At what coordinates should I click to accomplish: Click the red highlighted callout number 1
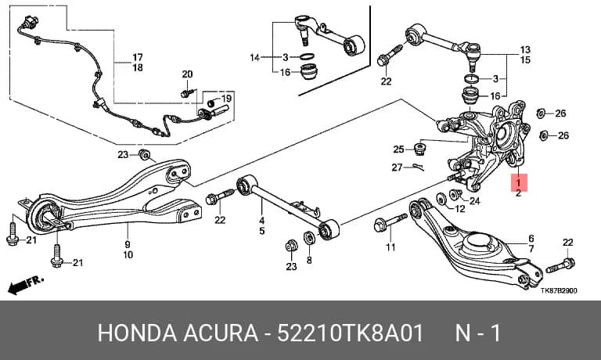tap(519, 182)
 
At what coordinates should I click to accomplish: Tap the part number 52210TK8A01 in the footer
tap(350, 333)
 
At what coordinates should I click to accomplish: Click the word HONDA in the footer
tap(137, 333)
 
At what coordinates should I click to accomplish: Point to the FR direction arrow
tap(25, 285)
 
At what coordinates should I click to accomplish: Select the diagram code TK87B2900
tap(559, 290)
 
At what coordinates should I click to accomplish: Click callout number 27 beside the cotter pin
tap(397, 167)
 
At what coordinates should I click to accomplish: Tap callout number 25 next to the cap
tap(398, 149)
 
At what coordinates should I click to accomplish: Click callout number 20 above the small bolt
tap(187, 74)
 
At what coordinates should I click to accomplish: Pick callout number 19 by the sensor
tap(226, 99)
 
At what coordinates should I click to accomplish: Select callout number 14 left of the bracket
tap(255, 58)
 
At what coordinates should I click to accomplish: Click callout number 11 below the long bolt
tap(390, 247)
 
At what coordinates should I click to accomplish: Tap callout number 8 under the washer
tap(309, 261)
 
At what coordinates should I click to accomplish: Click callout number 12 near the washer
tap(459, 208)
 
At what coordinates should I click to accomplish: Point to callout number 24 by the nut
tap(474, 200)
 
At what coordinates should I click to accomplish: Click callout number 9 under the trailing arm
tap(128, 244)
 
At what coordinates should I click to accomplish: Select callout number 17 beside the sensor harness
tap(138, 57)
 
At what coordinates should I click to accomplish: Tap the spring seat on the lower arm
tap(476, 244)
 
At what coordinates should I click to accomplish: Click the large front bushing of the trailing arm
tap(45, 215)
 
